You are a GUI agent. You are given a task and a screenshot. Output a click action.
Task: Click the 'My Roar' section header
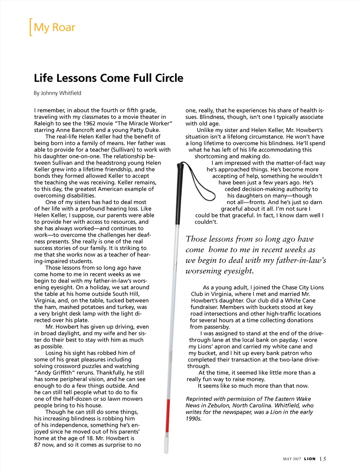(54, 27)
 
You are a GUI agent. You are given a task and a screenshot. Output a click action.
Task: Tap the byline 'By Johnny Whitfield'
(57, 93)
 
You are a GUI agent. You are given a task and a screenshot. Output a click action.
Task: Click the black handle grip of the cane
(180, 190)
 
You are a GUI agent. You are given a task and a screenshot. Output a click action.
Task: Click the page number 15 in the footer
(322, 459)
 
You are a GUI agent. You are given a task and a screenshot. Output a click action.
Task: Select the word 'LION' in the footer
(310, 459)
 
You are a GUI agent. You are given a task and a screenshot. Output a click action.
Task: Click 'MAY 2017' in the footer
(292, 459)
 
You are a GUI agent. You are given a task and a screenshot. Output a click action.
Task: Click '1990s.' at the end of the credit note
(194, 419)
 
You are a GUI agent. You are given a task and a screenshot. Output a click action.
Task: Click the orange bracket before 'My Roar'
(31, 27)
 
